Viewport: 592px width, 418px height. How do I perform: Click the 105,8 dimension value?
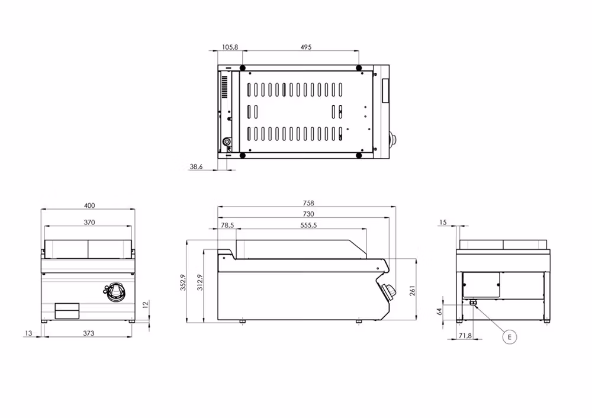click(230, 47)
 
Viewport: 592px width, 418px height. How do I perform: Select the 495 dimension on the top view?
click(306, 47)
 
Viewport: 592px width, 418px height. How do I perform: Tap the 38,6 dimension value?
click(196, 166)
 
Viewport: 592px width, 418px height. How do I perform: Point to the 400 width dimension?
click(89, 205)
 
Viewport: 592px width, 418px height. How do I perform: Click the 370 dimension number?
click(89, 223)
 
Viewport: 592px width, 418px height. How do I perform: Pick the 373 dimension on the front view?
click(88, 333)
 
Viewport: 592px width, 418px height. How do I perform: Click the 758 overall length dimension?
click(308, 203)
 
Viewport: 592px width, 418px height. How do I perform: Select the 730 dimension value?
click(308, 214)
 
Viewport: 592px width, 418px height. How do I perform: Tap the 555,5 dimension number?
click(308, 226)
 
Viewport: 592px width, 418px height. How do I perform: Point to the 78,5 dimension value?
click(227, 226)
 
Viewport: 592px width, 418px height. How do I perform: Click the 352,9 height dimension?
click(183, 282)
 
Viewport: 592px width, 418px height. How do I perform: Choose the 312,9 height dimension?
click(200, 282)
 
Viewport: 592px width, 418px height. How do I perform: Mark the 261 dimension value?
click(412, 290)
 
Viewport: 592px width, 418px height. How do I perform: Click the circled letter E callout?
click(509, 337)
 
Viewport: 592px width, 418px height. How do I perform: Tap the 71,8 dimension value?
click(465, 335)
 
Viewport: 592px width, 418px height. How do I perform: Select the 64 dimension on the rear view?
click(439, 311)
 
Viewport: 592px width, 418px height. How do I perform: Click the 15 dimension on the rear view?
click(443, 223)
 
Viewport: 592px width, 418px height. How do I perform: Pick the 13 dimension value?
click(28, 333)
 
